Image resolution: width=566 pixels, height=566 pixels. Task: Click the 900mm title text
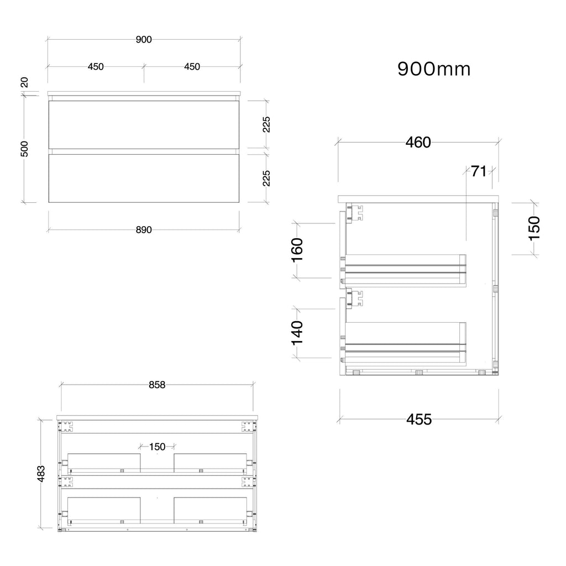434,69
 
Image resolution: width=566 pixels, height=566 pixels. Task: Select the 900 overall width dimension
144,39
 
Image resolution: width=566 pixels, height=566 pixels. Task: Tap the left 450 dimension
96,66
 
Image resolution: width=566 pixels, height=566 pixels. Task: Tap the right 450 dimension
192,66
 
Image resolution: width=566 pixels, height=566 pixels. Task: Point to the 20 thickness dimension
24,82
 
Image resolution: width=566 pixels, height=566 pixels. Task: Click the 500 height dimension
24,149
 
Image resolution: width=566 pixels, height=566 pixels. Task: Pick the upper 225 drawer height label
266,124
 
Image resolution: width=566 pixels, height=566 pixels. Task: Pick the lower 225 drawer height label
266,179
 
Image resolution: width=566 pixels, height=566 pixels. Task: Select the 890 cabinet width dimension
144,229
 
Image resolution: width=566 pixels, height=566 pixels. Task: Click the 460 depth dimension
418,142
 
